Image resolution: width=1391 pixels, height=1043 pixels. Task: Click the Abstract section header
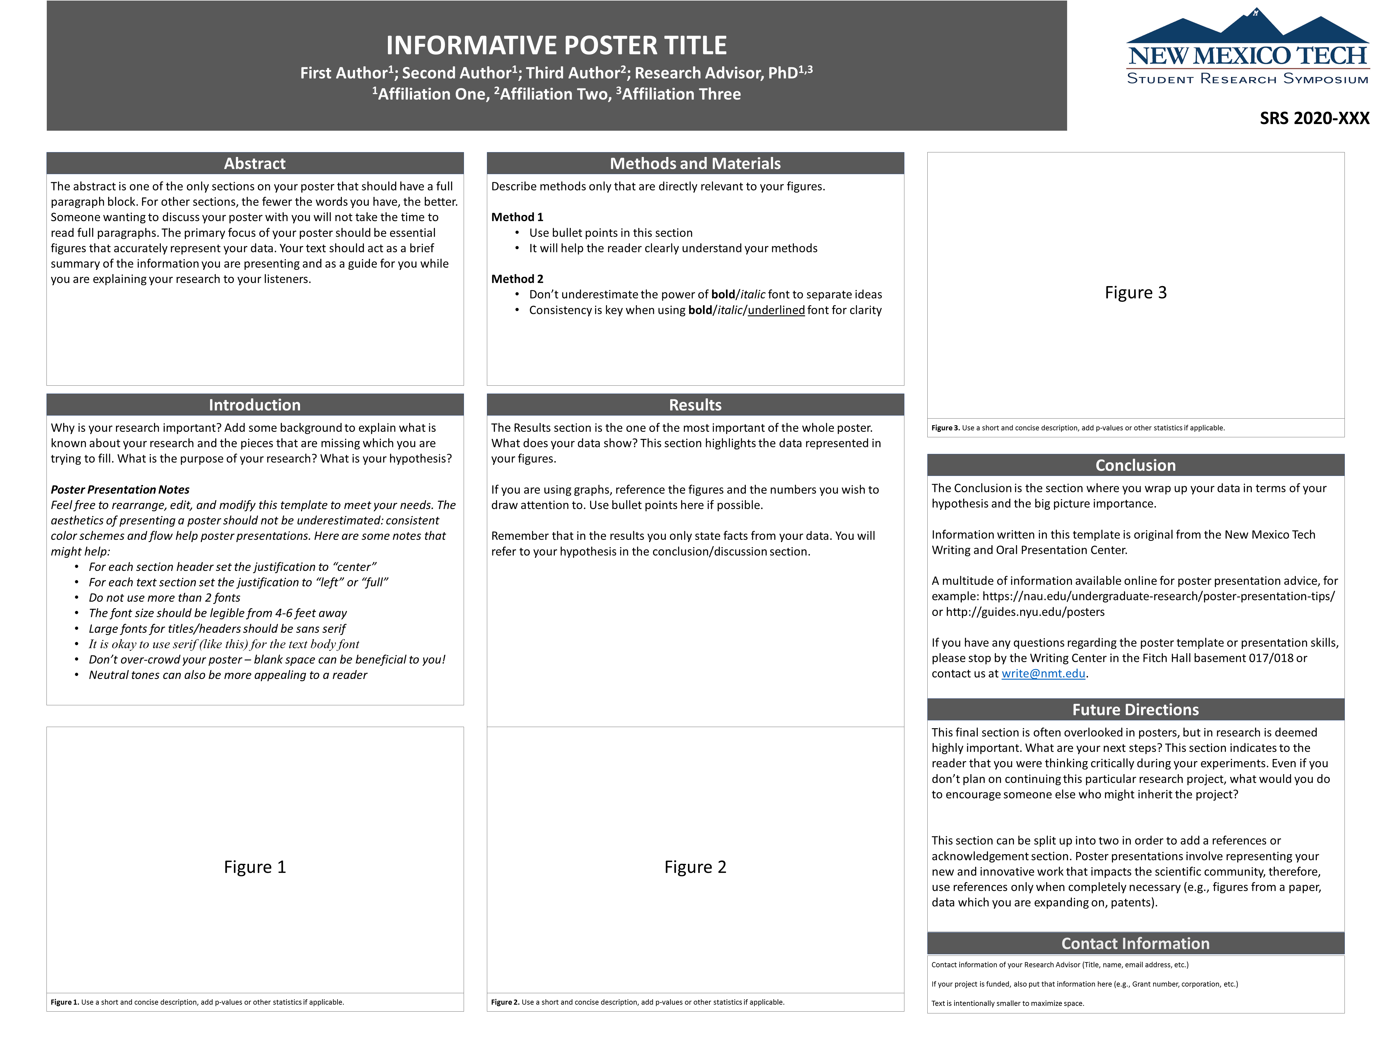(255, 164)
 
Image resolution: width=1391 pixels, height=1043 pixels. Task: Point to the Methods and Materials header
(695, 164)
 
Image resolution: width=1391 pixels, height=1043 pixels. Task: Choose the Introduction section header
(255, 405)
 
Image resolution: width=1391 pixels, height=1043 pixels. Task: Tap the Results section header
(695, 405)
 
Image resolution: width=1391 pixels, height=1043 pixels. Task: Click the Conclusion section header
(1135, 465)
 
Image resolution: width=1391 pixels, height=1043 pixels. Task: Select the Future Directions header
(1135, 710)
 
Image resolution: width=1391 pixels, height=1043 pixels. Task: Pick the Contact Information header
(1135, 944)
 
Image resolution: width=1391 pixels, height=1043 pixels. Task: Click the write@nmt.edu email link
(1043, 673)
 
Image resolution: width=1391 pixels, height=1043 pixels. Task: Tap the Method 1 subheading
(517, 217)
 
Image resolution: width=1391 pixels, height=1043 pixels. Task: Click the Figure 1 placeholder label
(255, 867)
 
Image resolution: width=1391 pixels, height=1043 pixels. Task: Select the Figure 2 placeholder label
(695, 867)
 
